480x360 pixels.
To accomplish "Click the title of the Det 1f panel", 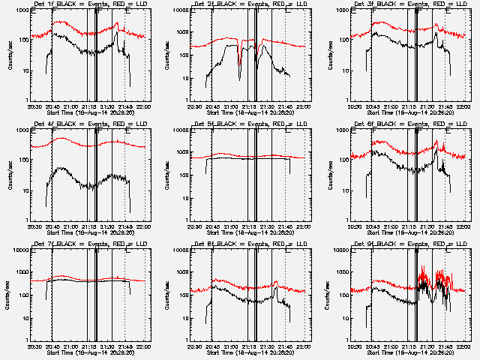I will [x=88, y=4].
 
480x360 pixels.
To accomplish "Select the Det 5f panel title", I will [x=248, y=124].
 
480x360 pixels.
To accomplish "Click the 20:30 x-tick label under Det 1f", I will [x=34, y=106].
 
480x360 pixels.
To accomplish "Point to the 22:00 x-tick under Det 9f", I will [x=465, y=346].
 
